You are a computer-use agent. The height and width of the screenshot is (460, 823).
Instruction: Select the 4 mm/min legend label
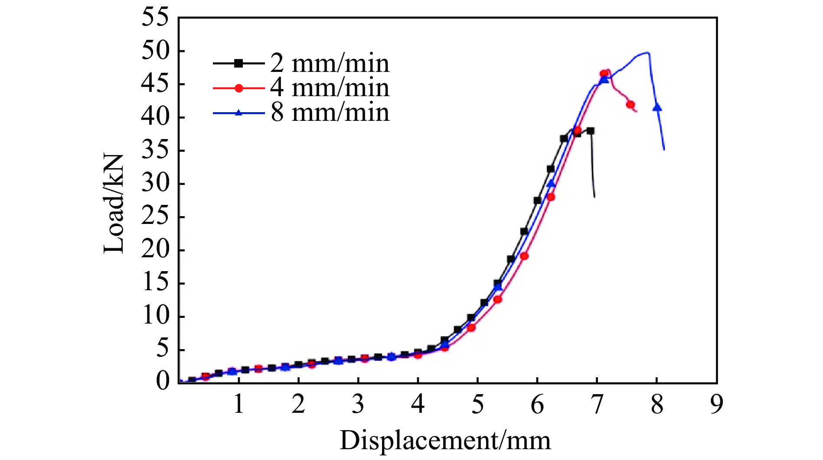point(330,88)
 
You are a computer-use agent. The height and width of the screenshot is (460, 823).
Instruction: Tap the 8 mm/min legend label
point(330,113)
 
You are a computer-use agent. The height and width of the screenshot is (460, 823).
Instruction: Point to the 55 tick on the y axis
point(155,18)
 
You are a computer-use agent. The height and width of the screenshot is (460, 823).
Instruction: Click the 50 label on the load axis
point(155,51)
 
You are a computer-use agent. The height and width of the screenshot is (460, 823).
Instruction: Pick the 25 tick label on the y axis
point(155,217)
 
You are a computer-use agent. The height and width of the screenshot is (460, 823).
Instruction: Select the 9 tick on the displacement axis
point(717,405)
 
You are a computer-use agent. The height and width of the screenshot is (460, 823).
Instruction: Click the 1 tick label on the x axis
point(238,405)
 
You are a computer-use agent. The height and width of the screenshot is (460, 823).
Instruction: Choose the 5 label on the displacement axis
point(477,405)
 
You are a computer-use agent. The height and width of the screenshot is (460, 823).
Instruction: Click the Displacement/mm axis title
point(445,441)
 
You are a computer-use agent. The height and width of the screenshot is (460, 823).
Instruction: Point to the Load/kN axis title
point(114,204)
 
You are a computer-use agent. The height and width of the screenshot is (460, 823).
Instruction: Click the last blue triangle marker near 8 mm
point(657,107)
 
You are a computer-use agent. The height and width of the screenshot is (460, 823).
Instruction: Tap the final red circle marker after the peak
point(630,105)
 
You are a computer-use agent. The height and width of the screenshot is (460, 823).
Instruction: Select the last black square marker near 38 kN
point(590,130)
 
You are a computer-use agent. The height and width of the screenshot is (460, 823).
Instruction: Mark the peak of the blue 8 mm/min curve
point(647,52)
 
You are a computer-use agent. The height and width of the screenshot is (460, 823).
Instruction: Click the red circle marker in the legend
point(238,88)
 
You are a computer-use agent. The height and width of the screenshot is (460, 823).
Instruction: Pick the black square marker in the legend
point(238,63)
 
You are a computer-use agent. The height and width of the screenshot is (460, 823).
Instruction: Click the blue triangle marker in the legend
point(238,113)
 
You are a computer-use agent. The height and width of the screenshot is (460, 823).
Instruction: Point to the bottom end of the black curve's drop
point(594,197)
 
